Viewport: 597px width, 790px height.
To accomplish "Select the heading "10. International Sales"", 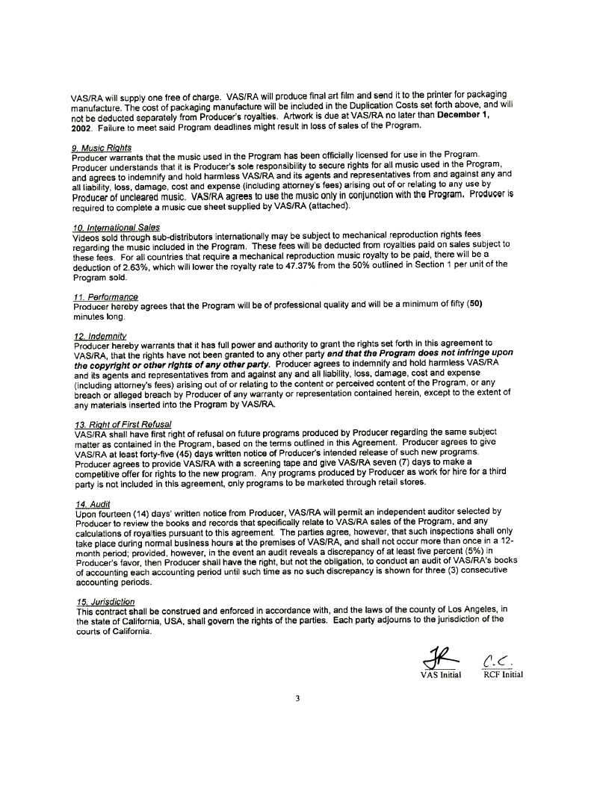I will [x=116, y=227].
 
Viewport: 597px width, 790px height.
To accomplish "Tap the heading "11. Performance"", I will [x=106, y=297].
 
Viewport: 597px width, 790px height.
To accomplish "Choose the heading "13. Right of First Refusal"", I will [x=123, y=424].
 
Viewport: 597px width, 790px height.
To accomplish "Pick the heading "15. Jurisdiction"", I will [x=105, y=601].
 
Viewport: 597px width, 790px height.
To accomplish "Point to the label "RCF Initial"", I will [x=502, y=675].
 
